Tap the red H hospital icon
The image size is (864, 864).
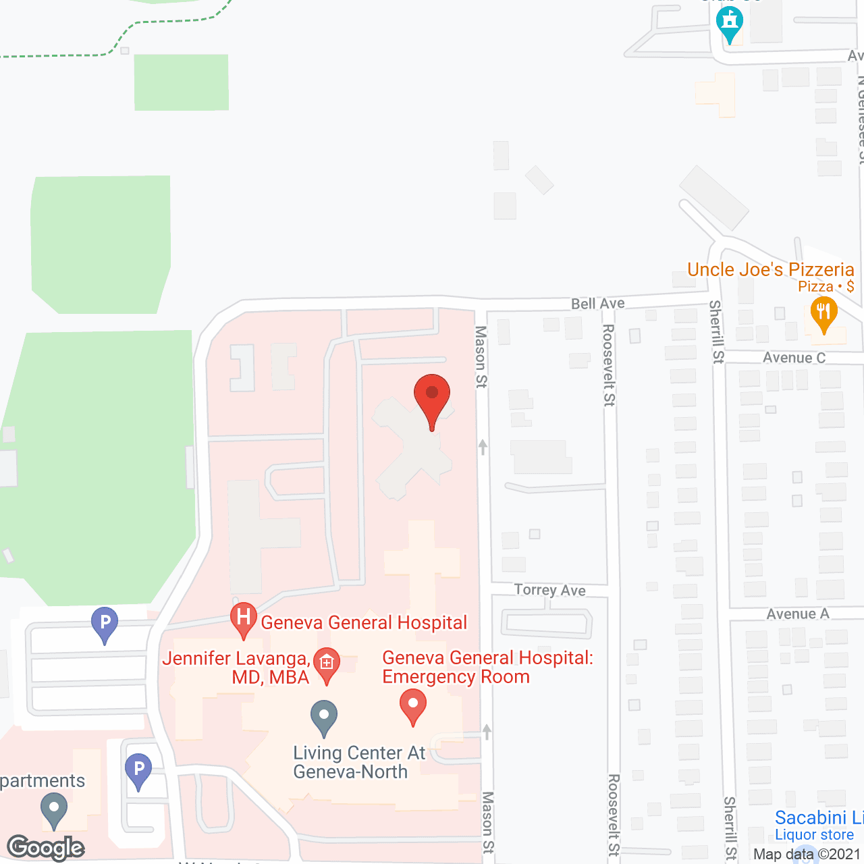(x=244, y=618)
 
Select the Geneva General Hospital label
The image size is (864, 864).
(x=364, y=622)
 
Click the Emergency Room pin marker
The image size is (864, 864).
(x=413, y=705)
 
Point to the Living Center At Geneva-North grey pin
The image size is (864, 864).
(x=324, y=717)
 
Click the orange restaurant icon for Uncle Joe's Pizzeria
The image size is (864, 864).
(x=823, y=314)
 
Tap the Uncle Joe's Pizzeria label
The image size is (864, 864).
(x=771, y=270)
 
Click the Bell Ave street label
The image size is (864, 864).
(x=598, y=304)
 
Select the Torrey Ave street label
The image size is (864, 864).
(x=550, y=590)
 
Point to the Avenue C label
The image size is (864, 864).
(x=794, y=358)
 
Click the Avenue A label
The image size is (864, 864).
(x=798, y=614)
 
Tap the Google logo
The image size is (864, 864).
(x=46, y=848)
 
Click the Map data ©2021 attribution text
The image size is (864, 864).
(x=807, y=855)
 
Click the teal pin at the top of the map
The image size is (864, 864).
(x=730, y=23)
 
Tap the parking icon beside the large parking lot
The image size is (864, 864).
(x=105, y=624)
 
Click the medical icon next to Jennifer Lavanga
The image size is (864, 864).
(x=327, y=664)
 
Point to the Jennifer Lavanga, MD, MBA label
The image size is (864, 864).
(x=236, y=668)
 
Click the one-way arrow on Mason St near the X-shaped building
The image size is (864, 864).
(x=483, y=447)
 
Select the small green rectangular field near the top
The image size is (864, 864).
(x=182, y=82)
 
